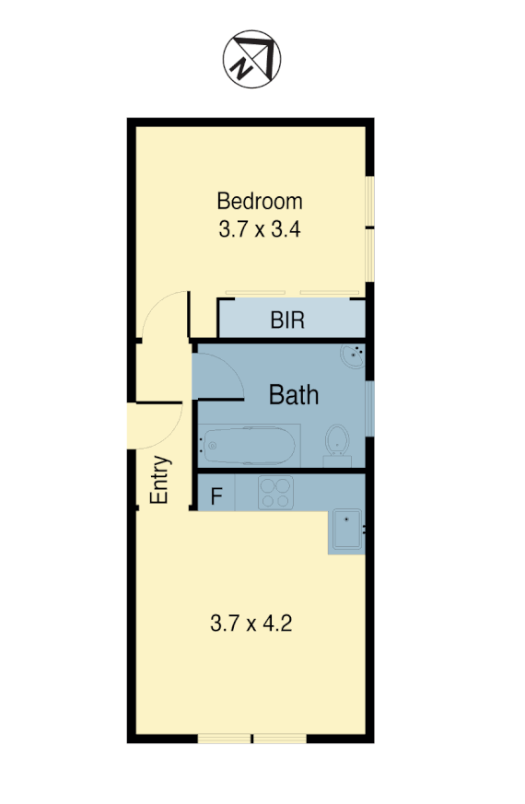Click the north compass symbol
(251, 60)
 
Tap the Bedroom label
(259, 200)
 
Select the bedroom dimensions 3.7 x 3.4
(261, 228)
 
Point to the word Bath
(294, 396)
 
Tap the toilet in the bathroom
(337, 440)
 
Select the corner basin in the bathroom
(354, 355)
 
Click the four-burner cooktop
(275, 493)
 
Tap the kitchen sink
(347, 531)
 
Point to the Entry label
(160, 480)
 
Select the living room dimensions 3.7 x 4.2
(251, 623)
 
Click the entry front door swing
(155, 424)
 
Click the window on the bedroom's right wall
(369, 226)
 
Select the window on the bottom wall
(252, 739)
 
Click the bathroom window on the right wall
(369, 405)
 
